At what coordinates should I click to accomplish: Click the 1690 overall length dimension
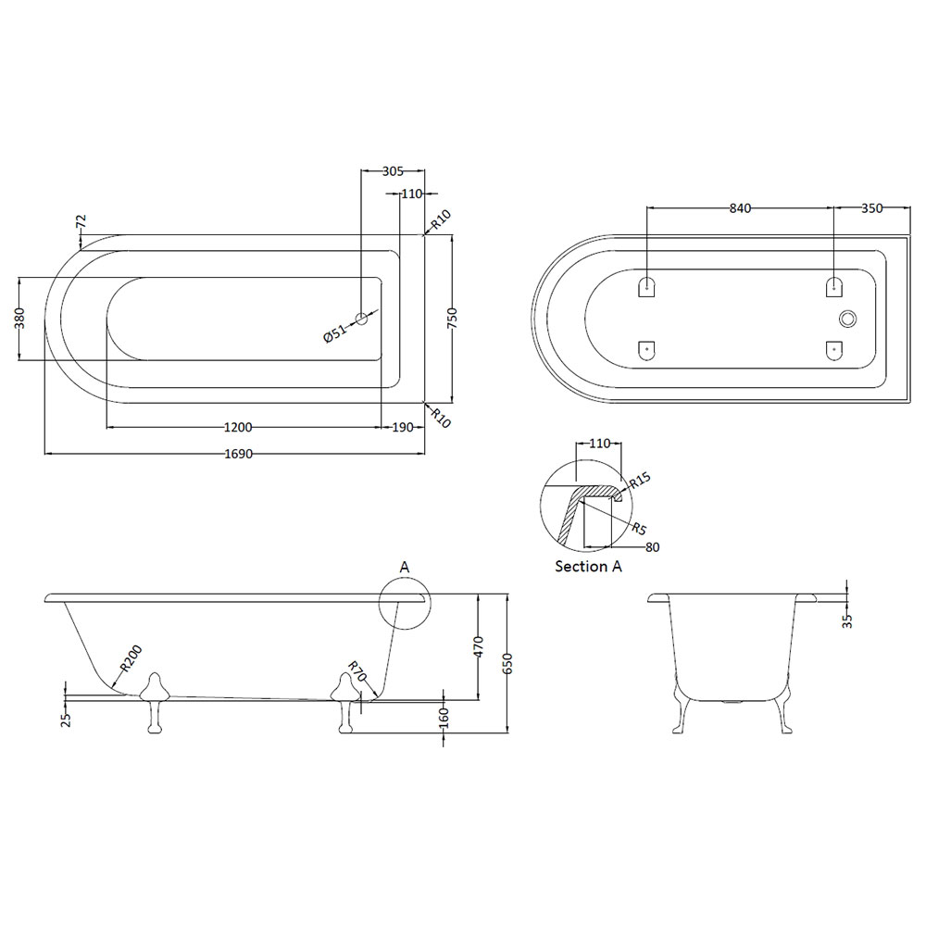tap(239, 454)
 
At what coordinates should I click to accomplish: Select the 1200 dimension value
tap(239, 427)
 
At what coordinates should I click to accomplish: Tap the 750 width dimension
tap(453, 319)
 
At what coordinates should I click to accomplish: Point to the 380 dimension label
tap(19, 319)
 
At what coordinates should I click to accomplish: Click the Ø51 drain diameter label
tap(335, 333)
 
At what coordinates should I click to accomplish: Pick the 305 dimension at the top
tap(393, 171)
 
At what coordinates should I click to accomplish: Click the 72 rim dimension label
tap(81, 221)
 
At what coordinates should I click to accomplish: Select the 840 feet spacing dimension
tap(740, 207)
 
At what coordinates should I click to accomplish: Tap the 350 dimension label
tap(871, 207)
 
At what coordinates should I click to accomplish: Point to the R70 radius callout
tap(357, 671)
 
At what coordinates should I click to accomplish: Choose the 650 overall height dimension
tap(507, 663)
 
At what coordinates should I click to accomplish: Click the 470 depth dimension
tap(479, 646)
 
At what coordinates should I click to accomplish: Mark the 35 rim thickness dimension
tap(847, 620)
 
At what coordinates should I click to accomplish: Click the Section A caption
tap(588, 567)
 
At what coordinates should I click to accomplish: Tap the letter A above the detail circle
tap(405, 568)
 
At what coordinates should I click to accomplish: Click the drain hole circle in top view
tap(361, 319)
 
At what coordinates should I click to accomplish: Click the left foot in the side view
tap(155, 702)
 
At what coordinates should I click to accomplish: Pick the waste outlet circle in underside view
tap(847, 319)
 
